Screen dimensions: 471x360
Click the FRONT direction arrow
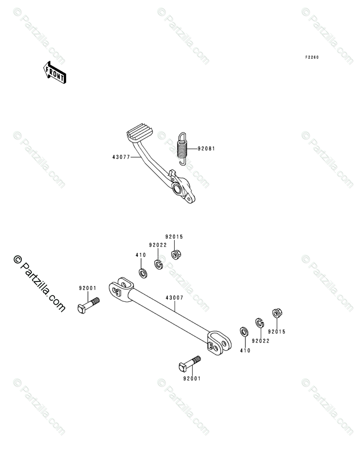[55, 72]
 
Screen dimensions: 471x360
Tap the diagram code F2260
[312, 58]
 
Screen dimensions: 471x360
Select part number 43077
[121, 157]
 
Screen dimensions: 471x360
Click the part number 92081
[206, 149]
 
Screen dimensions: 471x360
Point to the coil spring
[183, 148]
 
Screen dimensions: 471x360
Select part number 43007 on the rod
[174, 298]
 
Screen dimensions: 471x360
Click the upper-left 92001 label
[87, 288]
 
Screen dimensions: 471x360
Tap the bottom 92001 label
[191, 378]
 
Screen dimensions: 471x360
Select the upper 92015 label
[174, 237]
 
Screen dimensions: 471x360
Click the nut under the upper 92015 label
[176, 254]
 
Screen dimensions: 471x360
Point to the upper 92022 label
[157, 245]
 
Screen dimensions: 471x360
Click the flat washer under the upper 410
[142, 274]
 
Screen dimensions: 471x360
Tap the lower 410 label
[245, 351]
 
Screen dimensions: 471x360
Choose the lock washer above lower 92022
[259, 323]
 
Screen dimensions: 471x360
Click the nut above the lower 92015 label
[277, 313]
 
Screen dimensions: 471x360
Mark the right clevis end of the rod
[220, 343]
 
